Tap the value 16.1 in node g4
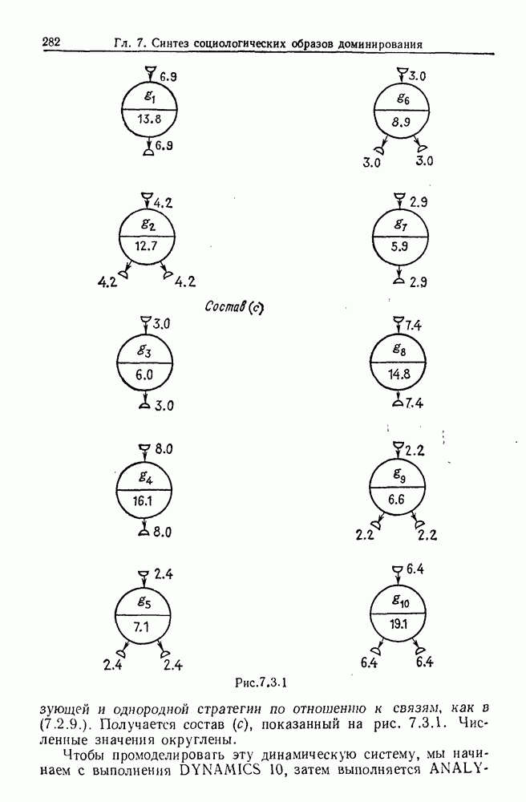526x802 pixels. tap(144, 498)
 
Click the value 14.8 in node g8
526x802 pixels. tap(399, 374)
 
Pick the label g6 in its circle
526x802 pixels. tap(403, 99)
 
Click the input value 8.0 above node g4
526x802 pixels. tap(164, 449)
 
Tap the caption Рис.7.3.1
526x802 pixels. tap(261, 683)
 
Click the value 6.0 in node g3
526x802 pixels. tap(144, 375)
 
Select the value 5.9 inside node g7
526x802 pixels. tap(399, 249)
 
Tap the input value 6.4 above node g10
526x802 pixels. tap(415, 569)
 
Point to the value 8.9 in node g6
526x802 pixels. tap(403, 123)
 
